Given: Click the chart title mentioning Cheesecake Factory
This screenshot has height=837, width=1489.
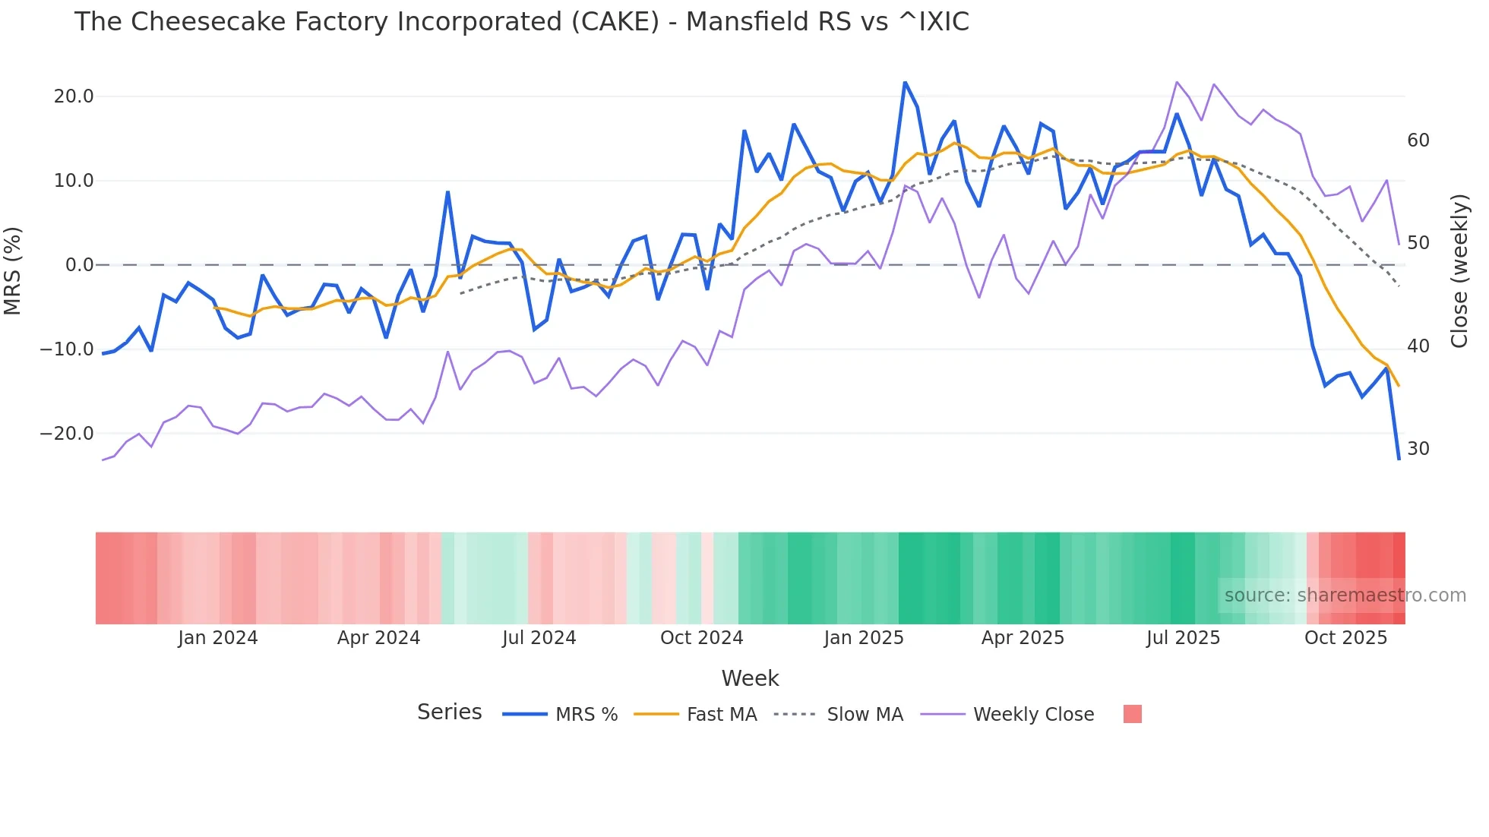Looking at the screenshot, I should (x=521, y=22).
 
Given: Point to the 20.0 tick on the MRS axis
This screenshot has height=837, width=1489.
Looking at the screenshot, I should (x=74, y=96).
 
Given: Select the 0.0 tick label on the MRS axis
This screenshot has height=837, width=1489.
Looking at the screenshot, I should (x=79, y=265).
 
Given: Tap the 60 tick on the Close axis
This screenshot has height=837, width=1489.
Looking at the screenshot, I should (x=1418, y=141).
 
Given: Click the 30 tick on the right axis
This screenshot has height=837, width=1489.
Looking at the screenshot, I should (x=1418, y=449).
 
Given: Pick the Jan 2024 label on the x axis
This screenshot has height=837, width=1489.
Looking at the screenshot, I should (x=218, y=638).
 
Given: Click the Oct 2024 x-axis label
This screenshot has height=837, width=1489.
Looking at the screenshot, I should (x=701, y=638).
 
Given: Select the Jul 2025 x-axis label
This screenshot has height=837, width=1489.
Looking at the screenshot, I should (x=1183, y=638).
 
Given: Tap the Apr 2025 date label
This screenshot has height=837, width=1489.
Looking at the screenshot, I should (x=1023, y=638).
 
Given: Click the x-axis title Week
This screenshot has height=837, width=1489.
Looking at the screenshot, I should (x=750, y=678).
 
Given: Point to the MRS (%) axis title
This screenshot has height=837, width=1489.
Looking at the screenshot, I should (x=13, y=270).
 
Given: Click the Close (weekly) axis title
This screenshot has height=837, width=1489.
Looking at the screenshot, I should (x=1459, y=270).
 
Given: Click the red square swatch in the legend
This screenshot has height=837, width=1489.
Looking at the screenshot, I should (x=1132, y=714).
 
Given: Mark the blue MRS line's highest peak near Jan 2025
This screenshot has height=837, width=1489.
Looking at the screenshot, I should (x=905, y=82).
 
